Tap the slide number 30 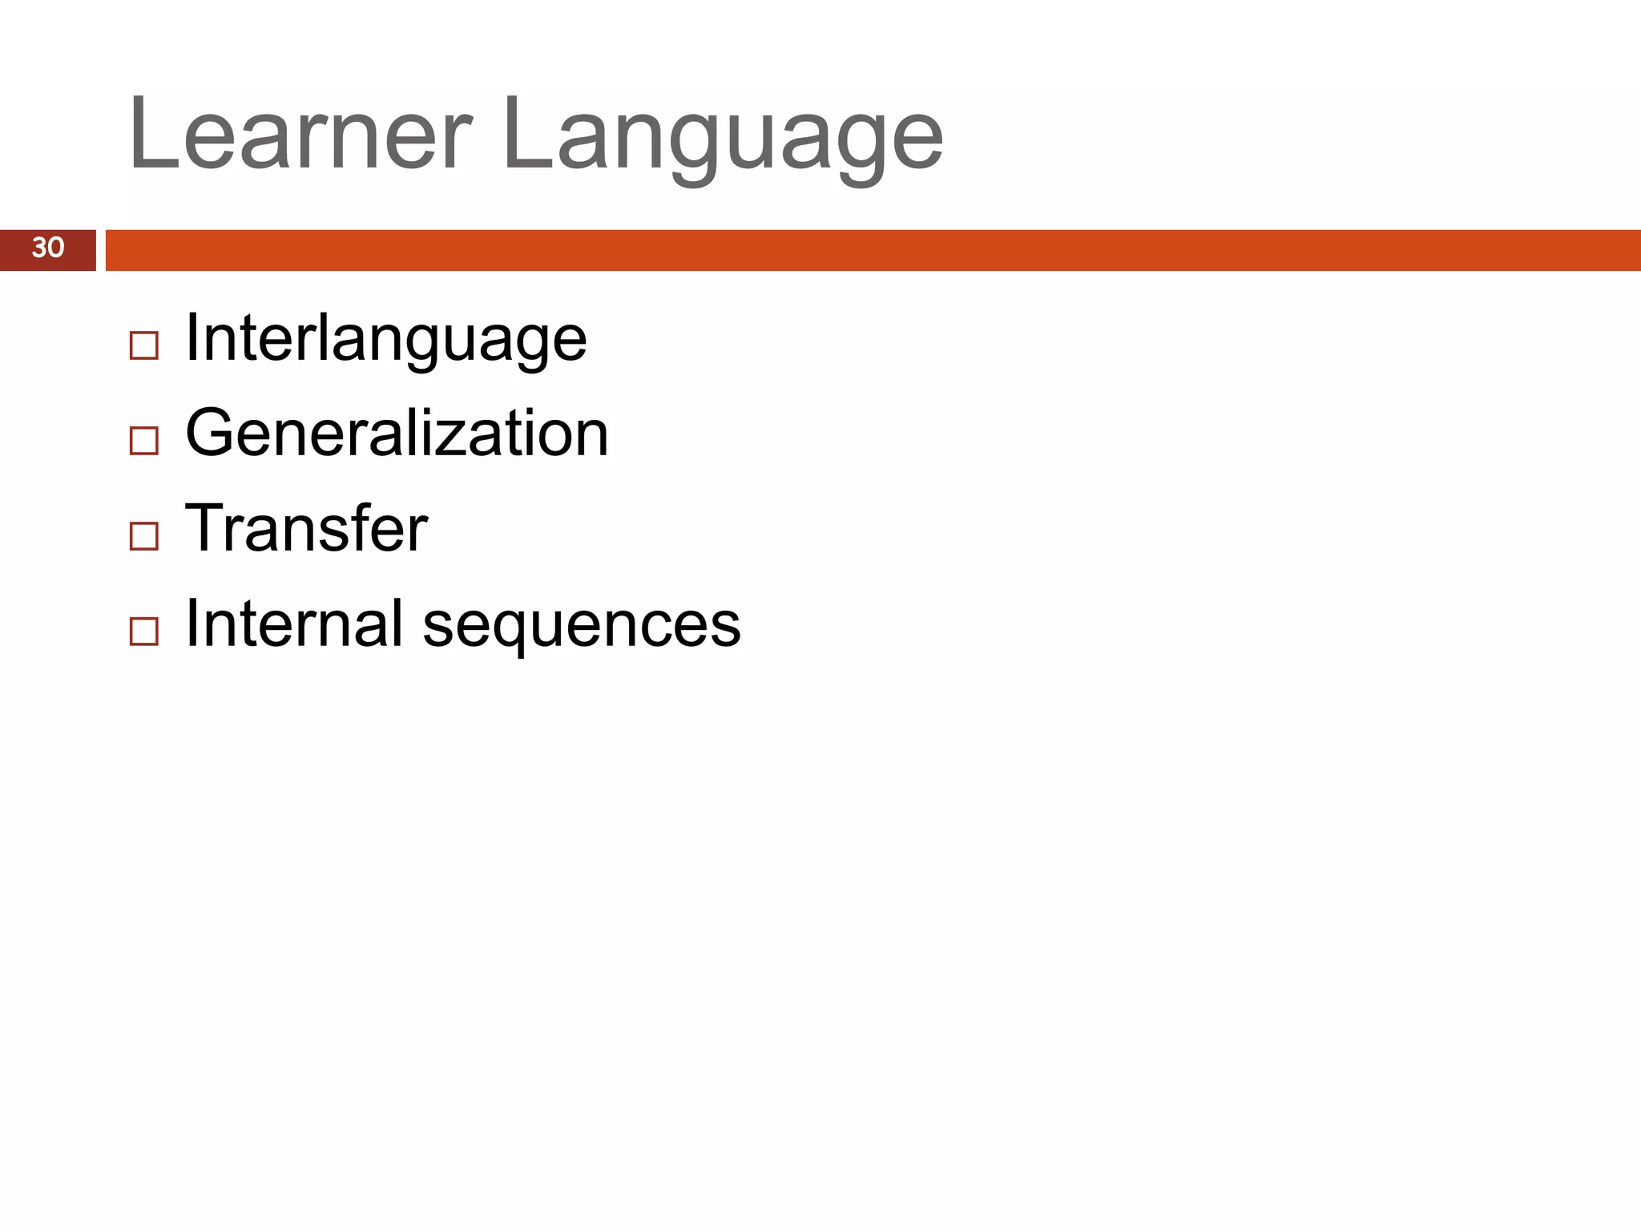tap(48, 248)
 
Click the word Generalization tap(397, 434)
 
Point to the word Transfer tap(306, 529)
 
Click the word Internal tap(294, 624)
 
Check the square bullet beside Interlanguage tap(144, 346)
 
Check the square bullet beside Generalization tap(144, 441)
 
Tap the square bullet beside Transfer tap(144, 535)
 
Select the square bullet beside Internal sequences tap(144, 631)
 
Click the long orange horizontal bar tap(873, 250)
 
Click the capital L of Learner tap(152, 133)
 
